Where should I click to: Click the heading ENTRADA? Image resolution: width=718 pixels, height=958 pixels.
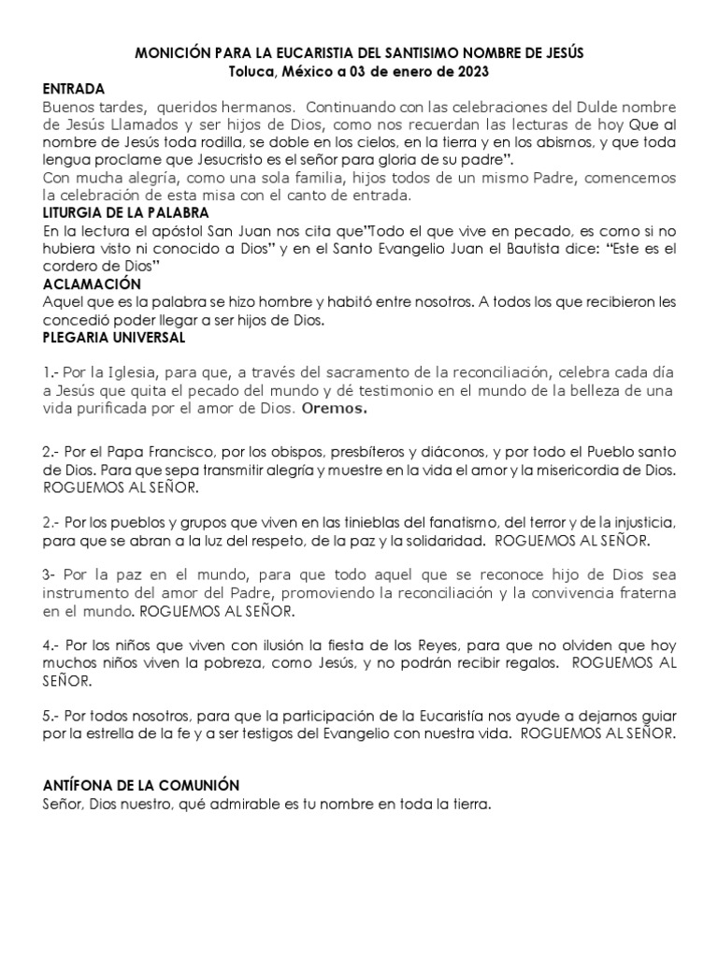[74, 88]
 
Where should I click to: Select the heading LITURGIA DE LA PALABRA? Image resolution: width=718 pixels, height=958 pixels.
[125, 212]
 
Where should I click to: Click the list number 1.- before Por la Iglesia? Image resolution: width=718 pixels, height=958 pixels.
[52, 373]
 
